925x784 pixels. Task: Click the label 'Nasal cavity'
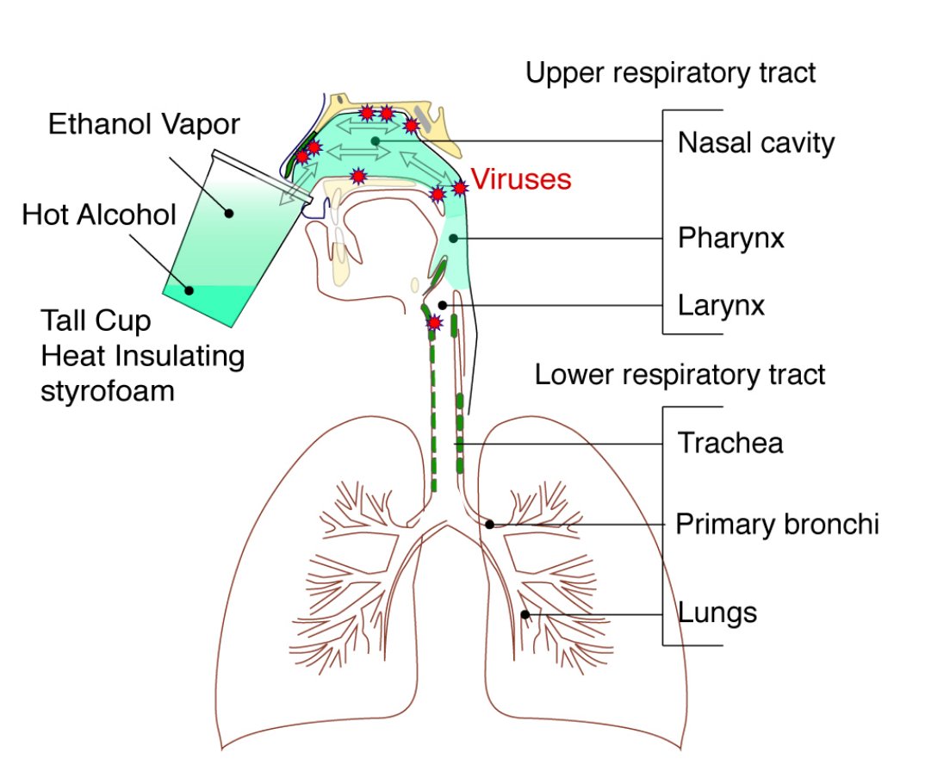[755, 142]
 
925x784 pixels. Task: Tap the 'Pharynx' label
[730, 237]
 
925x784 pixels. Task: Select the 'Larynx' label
[721, 305]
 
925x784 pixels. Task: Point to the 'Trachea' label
[729, 443]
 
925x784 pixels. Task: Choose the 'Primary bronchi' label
[777, 524]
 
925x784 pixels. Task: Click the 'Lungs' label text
[717, 613]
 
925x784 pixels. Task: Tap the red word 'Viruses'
[521, 179]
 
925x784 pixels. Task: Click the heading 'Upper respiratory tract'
[670, 73]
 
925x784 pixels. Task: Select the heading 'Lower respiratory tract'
[680, 375]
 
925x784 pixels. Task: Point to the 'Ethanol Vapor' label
[144, 124]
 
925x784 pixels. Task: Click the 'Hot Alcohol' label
[99, 215]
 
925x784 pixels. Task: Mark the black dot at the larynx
[443, 305]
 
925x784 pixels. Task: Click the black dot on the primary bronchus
[489, 524]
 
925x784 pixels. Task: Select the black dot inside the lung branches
[525, 613]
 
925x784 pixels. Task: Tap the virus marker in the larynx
[435, 323]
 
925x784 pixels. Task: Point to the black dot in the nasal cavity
[376, 140]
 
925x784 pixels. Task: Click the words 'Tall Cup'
[96, 322]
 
